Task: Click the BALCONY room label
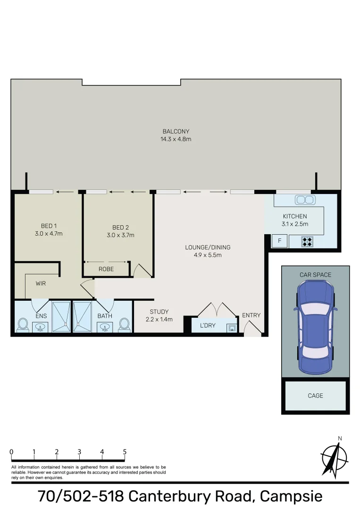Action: point(176,131)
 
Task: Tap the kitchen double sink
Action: point(305,200)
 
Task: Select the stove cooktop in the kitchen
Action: point(307,241)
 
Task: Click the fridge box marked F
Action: point(279,241)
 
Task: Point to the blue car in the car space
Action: point(315,327)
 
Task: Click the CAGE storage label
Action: point(315,396)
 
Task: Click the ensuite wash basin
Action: point(40,327)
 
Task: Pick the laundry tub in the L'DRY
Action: point(232,328)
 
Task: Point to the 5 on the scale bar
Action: point(125,452)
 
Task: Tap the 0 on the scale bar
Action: point(12,452)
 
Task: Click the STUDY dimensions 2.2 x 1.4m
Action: point(159,319)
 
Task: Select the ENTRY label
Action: point(251,315)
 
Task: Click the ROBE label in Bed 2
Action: point(106,269)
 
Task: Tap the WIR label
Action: point(41,284)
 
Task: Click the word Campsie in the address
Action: point(291,496)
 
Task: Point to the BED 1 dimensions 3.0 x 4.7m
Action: point(49,234)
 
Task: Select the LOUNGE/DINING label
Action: point(208,247)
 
